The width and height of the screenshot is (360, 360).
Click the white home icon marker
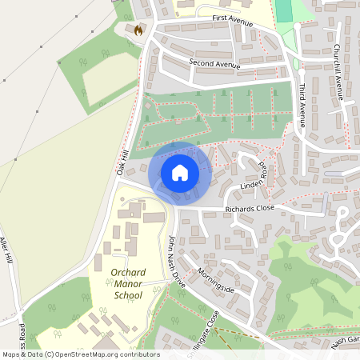180,173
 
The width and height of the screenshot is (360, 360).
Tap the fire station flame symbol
138,31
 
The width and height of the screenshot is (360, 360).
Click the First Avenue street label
232,20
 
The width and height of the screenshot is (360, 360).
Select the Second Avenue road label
214,62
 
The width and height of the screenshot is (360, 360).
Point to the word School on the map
128,295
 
